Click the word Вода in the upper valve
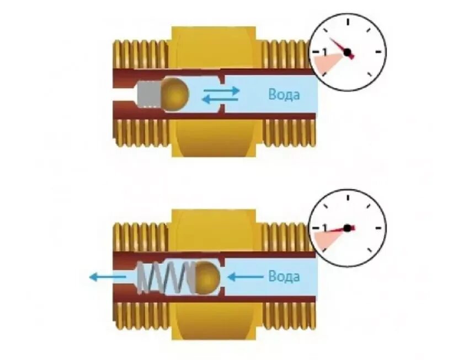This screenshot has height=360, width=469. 284,94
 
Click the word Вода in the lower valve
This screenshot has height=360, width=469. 284,276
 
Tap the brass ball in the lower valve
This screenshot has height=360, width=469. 207,276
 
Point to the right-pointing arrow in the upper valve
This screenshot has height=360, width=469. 221,89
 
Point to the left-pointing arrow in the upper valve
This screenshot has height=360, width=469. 219,99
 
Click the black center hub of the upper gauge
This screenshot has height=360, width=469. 347,52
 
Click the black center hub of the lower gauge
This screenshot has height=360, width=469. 347,228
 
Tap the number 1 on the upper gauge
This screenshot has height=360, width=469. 324,52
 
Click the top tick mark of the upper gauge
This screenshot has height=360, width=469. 348,20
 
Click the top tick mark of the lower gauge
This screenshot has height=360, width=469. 348,196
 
